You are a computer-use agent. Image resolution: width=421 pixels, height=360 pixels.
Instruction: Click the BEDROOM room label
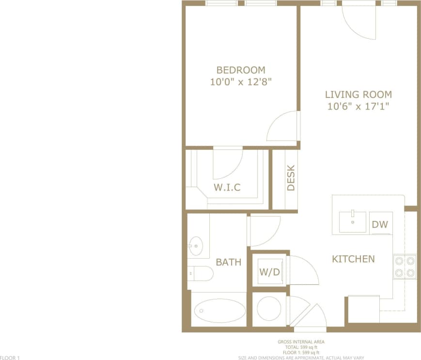click(x=241, y=70)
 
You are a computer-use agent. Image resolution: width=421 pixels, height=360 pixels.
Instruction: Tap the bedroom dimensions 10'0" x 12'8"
click(x=241, y=82)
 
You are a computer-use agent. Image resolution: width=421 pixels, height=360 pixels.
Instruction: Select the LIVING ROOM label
click(x=358, y=94)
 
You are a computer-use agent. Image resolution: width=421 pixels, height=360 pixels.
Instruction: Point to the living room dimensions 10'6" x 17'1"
click(x=358, y=107)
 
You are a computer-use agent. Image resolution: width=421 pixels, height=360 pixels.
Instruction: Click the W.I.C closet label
click(x=227, y=187)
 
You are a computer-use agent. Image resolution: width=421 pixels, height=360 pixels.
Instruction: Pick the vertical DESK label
click(x=291, y=179)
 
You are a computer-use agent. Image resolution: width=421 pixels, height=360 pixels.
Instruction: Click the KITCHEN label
click(x=353, y=259)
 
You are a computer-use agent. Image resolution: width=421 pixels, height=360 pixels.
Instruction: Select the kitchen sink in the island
click(x=353, y=222)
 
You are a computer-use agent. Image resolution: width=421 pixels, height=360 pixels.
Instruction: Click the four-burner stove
click(x=405, y=266)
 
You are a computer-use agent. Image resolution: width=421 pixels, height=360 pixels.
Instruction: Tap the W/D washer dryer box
click(x=269, y=272)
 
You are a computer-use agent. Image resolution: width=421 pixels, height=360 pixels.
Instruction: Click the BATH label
click(x=228, y=262)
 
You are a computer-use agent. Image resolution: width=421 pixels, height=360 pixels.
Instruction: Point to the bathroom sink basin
click(x=196, y=246)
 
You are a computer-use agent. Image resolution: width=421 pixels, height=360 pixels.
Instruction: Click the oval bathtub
click(x=219, y=310)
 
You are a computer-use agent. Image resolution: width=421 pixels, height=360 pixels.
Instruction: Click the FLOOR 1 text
click(x=10, y=358)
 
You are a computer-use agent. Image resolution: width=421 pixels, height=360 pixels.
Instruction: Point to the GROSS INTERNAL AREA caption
click(x=301, y=342)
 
